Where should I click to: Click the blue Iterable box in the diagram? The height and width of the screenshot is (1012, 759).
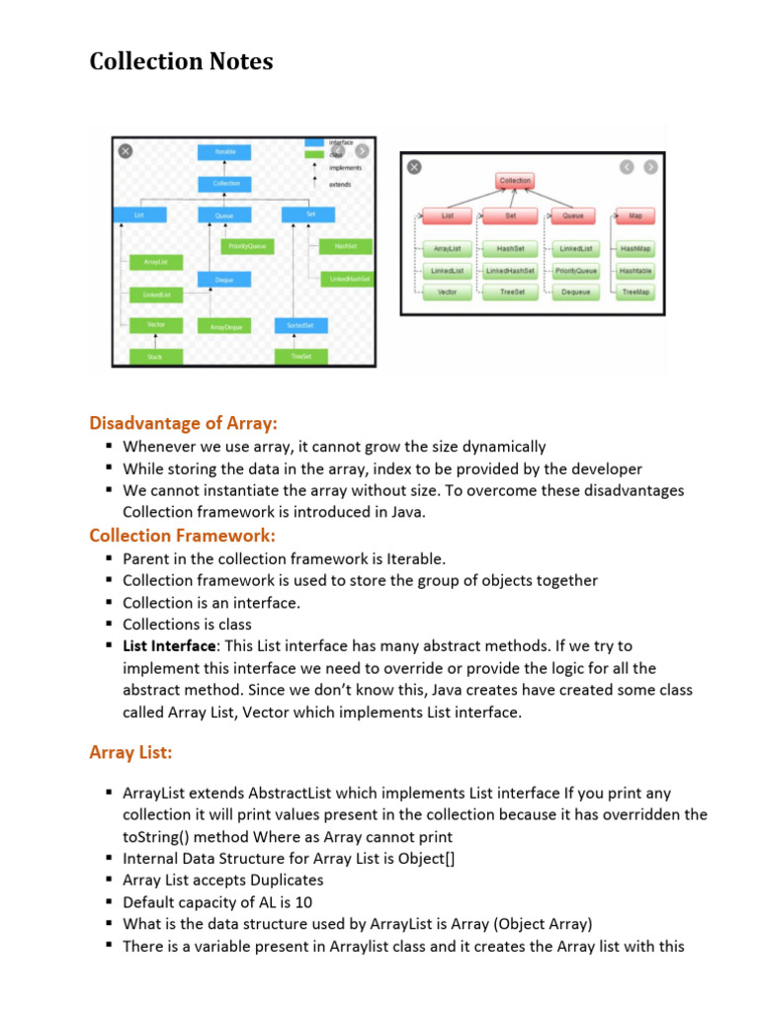(225, 152)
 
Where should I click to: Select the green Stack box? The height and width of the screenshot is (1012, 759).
(154, 356)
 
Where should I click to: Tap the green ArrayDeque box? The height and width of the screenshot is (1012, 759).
(225, 326)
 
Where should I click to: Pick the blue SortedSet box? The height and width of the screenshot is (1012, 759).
(300, 325)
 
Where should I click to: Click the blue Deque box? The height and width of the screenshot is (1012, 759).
(225, 281)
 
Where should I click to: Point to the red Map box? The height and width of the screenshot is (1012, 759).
(634, 215)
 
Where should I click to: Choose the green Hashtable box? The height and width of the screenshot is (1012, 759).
(634, 271)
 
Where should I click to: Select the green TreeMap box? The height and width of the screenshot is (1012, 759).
(634, 293)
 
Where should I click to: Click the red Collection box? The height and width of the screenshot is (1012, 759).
(515, 181)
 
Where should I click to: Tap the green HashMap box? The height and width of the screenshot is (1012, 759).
(634, 249)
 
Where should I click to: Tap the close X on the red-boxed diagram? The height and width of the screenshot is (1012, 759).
(414, 168)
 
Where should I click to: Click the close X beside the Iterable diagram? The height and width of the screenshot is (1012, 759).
(126, 151)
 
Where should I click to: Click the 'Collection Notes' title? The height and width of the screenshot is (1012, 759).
(181, 61)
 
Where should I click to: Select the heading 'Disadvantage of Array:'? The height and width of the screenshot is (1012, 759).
(183, 423)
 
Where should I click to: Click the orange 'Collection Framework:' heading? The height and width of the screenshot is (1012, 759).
(182, 536)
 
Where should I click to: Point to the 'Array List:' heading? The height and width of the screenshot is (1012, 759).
(130, 753)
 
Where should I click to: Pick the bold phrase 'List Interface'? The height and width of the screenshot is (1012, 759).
(169, 646)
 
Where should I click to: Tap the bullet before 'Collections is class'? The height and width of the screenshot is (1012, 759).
(109, 625)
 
